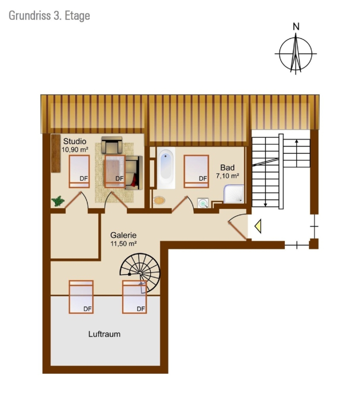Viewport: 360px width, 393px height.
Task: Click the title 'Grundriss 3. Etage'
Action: (x=49, y=16)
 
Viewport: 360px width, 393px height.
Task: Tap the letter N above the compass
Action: (x=296, y=27)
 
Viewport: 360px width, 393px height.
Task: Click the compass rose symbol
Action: (x=296, y=54)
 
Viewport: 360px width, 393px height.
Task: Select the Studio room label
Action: (x=75, y=141)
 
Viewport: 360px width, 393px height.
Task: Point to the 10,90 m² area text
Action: (x=75, y=150)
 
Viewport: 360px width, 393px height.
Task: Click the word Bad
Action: (x=227, y=167)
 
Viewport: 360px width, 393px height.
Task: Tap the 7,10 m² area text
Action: (x=228, y=176)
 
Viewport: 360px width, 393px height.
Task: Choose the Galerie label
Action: (x=123, y=235)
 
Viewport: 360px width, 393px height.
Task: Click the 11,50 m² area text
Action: (x=124, y=243)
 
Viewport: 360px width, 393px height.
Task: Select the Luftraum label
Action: (x=104, y=334)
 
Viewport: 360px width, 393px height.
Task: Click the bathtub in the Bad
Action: (x=166, y=168)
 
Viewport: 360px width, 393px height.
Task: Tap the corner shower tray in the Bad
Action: (x=234, y=194)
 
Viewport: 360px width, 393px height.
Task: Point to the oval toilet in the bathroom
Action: (x=159, y=200)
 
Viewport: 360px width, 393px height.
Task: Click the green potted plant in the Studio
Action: (x=58, y=201)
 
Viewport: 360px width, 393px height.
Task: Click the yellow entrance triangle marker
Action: (x=258, y=226)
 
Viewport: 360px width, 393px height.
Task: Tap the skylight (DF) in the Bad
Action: (x=196, y=172)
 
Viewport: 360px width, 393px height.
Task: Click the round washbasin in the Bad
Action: (x=203, y=203)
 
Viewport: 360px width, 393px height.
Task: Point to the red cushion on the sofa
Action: (x=135, y=180)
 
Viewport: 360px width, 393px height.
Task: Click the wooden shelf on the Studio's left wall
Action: (x=56, y=153)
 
